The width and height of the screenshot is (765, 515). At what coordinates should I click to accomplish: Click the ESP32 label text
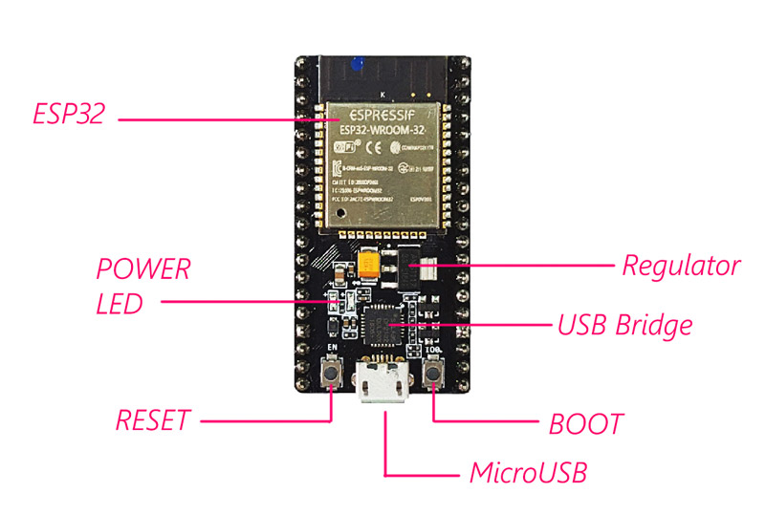click(x=63, y=117)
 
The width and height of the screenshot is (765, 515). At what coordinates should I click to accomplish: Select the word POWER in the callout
click(x=143, y=268)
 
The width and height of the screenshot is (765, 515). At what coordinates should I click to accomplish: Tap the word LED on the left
click(x=119, y=304)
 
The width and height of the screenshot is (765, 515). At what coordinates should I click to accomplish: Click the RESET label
click(x=152, y=420)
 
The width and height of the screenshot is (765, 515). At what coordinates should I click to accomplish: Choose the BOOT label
click(x=586, y=423)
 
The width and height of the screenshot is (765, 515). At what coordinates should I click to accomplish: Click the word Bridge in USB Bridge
click(x=655, y=326)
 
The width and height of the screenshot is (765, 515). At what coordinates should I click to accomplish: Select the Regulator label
click(x=681, y=265)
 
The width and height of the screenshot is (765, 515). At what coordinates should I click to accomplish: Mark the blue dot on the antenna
click(x=356, y=64)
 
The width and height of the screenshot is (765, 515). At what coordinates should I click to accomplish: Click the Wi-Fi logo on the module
click(x=345, y=150)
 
